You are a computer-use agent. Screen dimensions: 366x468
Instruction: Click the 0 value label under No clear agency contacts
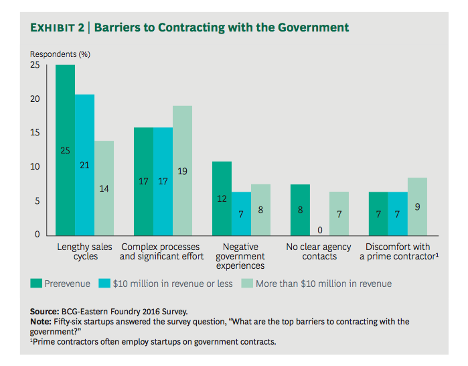pyautogui.click(x=319, y=230)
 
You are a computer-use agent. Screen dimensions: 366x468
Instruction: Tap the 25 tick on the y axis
pyautogui.click(x=35, y=65)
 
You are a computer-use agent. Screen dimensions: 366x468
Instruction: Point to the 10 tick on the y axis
pyautogui.click(x=35, y=167)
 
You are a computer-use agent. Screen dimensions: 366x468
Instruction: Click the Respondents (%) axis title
pyautogui.click(x=60, y=53)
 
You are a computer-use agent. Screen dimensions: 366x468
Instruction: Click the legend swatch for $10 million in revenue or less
pyautogui.click(x=105, y=284)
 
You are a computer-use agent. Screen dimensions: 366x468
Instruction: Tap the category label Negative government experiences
pyautogui.click(x=240, y=256)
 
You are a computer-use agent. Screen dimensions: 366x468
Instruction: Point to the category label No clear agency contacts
pyautogui.click(x=319, y=251)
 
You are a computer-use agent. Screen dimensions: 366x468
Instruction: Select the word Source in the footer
pyautogui.click(x=44, y=312)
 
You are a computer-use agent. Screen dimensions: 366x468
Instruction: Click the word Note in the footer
pyautogui.click(x=41, y=322)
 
